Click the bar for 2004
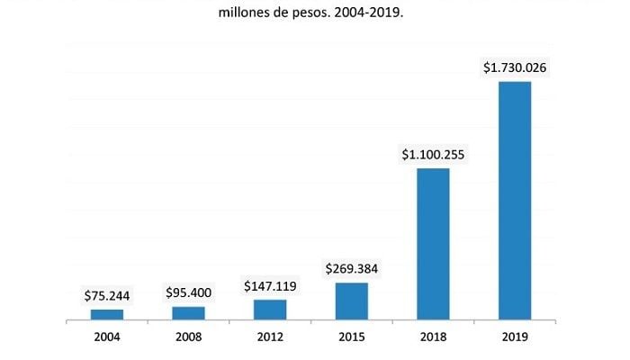pyautogui.click(x=107, y=314)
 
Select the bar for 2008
pyautogui.click(x=188, y=312)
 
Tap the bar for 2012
pyautogui.click(x=270, y=309)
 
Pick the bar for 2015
pyautogui.click(x=351, y=301)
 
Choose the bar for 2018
pyautogui.click(x=433, y=243)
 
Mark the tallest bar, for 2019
pyautogui.click(x=514, y=200)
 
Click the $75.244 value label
pyautogui.click(x=107, y=295)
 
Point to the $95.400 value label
pyautogui.click(x=188, y=292)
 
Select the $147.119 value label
pyautogui.click(x=270, y=286)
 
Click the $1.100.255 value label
pyautogui.click(x=433, y=155)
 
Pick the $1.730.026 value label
pyautogui.click(x=514, y=67)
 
